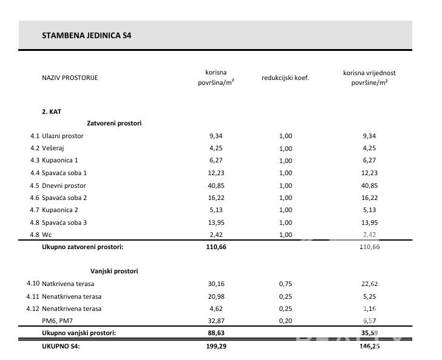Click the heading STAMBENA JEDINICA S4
(x=87, y=35)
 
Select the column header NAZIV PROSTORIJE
(x=70, y=78)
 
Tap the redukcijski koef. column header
(x=286, y=78)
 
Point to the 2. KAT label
(x=52, y=112)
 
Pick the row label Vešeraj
(x=55, y=148)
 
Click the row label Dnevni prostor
(x=64, y=185)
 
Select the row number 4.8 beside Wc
(x=35, y=235)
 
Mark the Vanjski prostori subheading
(x=114, y=271)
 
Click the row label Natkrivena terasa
(x=68, y=284)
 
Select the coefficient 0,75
(x=286, y=284)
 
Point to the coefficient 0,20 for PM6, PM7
(x=286, y=321)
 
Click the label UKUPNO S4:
(x=61, y=346)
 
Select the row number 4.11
(x=33, y=296)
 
